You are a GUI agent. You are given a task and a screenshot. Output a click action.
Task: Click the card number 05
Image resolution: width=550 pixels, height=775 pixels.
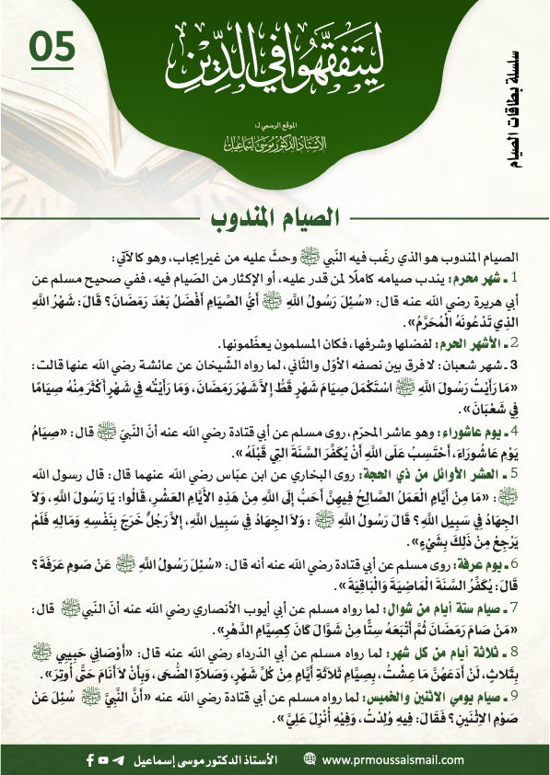[53, 48]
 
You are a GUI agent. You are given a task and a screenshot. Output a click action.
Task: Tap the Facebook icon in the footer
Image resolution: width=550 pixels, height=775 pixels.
[90, 759]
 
